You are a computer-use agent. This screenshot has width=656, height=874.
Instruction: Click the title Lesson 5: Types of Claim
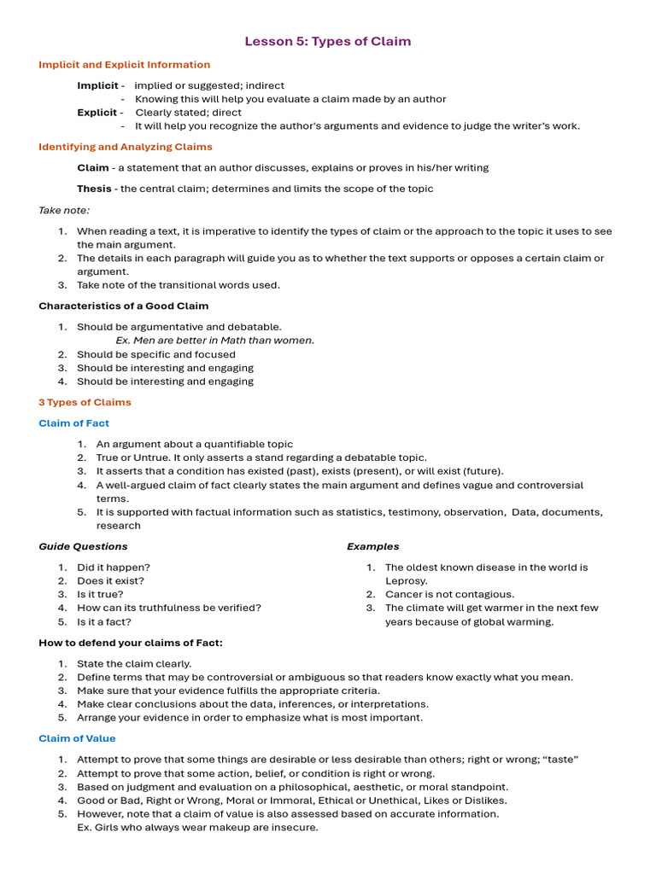pos(328,41)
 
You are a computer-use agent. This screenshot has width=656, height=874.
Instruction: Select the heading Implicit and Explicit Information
pos(124,65)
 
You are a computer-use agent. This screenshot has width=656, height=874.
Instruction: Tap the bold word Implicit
pos(97,85)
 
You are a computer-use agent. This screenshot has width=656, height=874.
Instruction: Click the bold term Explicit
pos(97,113)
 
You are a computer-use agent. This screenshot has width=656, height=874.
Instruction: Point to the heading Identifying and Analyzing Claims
pos(126,147)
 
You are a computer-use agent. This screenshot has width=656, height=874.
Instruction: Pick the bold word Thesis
pos(94,189)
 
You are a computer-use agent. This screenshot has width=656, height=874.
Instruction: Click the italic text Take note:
pos(64,210)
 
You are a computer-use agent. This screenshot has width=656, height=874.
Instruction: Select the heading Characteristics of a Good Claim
pos(123,306)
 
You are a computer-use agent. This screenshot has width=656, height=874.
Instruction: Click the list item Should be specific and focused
pos(156,354)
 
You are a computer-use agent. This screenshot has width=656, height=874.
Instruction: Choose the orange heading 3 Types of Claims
pos(85,402)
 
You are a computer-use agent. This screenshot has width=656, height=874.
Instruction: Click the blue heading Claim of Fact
pos(73,423)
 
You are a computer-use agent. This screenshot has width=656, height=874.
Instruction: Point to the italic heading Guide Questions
pos(83,546)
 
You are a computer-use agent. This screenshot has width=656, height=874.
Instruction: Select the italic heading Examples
pos(372,546)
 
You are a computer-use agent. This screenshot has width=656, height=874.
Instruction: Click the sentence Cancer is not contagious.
pos(449,595)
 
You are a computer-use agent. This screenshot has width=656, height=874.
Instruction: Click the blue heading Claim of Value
pos(77,738)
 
